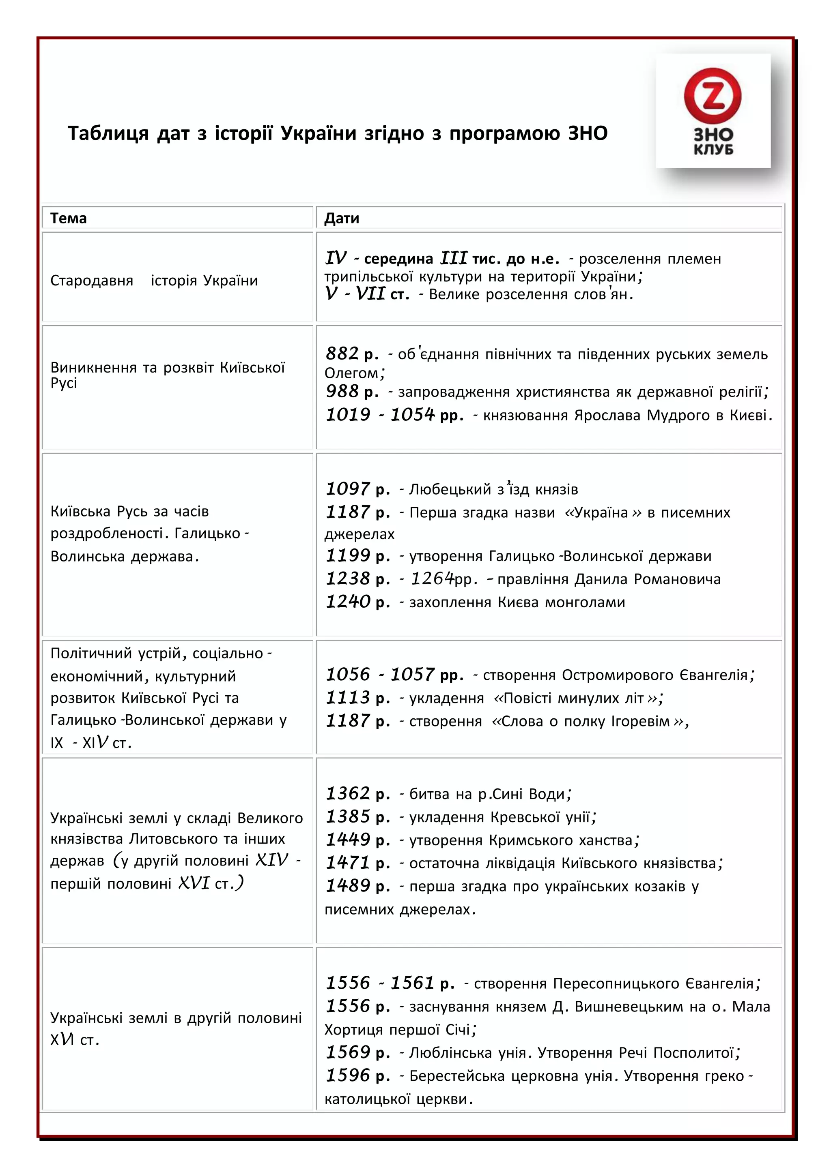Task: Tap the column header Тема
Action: pos(68,219)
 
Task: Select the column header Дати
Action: pos(341,219)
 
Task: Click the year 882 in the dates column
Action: pos(342,353)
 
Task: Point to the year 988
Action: pos(342,391)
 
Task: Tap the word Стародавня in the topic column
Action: pos(92,281)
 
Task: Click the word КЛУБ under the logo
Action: pos(713,150)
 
